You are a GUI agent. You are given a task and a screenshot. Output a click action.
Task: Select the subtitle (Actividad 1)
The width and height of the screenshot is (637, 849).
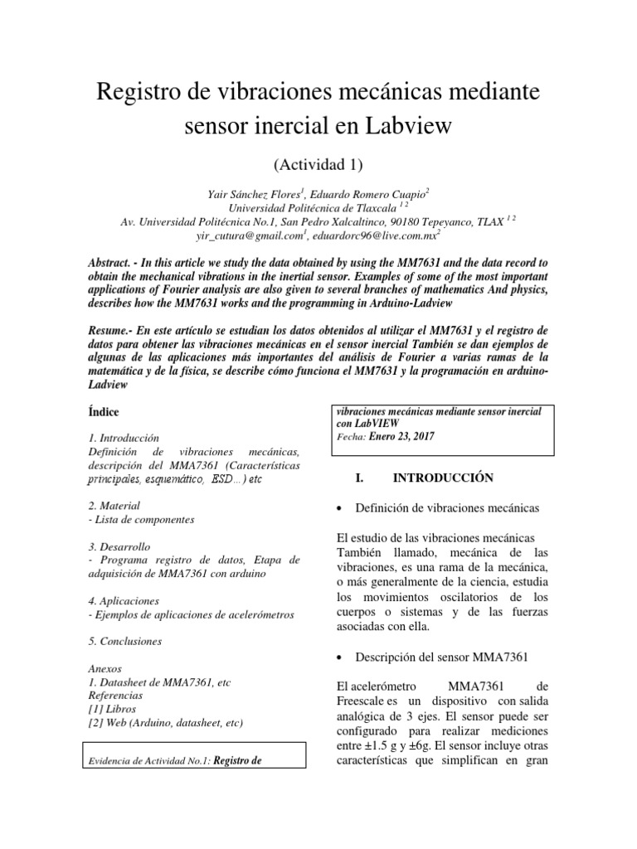tap(318, 161)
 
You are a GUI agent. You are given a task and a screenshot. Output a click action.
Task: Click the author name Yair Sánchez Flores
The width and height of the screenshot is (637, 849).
tap(255, 192)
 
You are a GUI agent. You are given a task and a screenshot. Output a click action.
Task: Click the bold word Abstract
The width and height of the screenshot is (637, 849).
tap(110, 261)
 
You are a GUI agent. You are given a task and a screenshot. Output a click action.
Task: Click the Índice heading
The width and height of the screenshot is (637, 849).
tap(103, 411)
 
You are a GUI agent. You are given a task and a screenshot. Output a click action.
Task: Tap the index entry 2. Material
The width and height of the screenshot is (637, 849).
tap(114, 505)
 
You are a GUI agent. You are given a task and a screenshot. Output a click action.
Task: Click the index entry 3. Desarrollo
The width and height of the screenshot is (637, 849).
tap(119, 546)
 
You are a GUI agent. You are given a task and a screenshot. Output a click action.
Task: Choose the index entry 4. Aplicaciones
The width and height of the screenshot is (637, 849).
tap(124, 599)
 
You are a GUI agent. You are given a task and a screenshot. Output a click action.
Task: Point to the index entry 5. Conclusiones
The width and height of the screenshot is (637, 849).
tap(124, 641)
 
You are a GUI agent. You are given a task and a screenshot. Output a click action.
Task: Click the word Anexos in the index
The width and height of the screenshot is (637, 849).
tap(104, 667)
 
